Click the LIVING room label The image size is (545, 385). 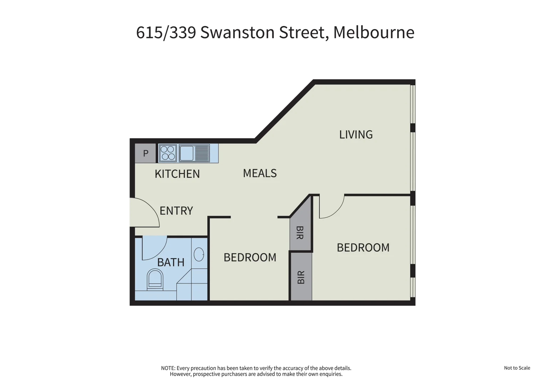point(355,134)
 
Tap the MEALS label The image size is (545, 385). point(259,173)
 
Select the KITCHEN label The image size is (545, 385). point(177,174)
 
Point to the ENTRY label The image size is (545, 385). point(176,211)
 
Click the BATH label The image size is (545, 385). point(171,262)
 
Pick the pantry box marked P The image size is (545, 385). point(146,153)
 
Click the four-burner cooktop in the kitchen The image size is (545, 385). point(168,153)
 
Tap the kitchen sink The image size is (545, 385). point(187,153)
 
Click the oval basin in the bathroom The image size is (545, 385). point(199,255)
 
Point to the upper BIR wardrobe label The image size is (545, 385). point(300,233)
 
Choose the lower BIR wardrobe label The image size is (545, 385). point(301,277)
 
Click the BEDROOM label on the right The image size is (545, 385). point(363,247)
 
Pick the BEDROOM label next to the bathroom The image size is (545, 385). point(250,257)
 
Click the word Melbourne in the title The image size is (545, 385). point(373,32)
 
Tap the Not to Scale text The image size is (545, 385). point(517,368)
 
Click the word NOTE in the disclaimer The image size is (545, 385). point(168,368)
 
